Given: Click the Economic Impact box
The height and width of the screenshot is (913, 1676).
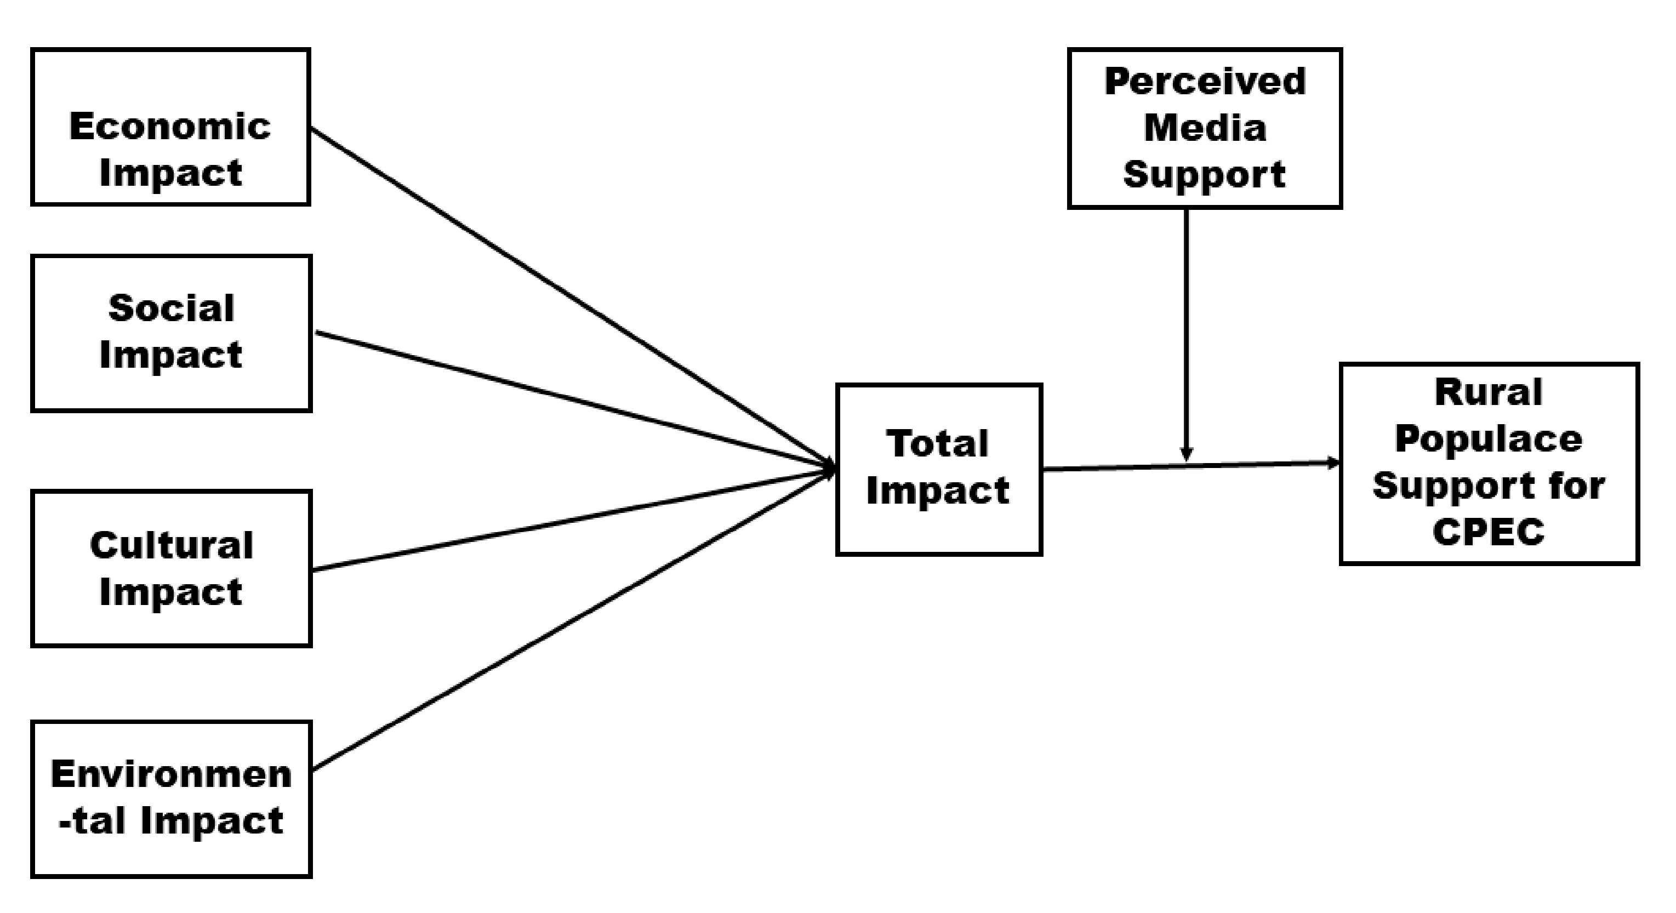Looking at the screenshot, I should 170,127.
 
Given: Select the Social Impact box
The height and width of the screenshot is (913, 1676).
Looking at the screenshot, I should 172,333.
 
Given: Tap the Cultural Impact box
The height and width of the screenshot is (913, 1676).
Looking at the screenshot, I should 172,568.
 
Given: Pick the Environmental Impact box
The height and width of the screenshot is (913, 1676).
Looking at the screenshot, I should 172,798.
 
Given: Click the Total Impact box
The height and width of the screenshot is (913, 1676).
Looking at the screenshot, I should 939,469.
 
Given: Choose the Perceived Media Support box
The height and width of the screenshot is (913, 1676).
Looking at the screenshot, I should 1204,128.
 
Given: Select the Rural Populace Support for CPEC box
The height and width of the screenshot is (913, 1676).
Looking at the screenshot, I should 1489,463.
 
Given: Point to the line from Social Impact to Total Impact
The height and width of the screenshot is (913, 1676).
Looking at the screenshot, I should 573,401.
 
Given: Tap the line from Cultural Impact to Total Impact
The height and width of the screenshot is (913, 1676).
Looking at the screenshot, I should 573,520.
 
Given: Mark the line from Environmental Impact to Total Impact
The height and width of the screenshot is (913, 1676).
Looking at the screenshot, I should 573,619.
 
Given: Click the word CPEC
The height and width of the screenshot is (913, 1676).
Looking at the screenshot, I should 1489,532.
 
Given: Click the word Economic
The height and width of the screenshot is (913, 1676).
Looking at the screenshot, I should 170,126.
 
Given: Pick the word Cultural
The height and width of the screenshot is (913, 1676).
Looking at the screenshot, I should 172,545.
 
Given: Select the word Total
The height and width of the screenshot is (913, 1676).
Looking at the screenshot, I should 938,444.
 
